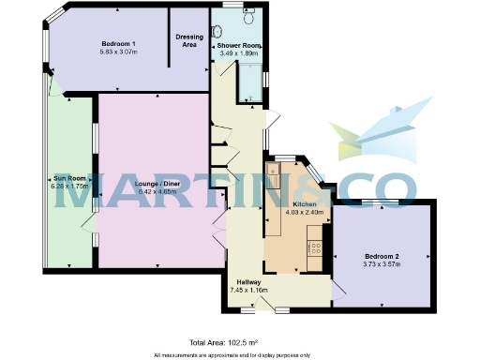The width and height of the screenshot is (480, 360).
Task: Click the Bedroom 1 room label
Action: pyautogui.click(x=119, y=44)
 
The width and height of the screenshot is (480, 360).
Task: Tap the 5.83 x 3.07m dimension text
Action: pyautogui.click(x=119, y=52)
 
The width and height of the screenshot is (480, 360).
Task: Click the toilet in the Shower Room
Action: pyautogui.click(x=248, y=16)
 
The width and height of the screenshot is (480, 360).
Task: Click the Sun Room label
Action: pyautogui.click(x=69, y=177)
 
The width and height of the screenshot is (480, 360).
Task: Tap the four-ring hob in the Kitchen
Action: pyautogui.click(x=315, y=249)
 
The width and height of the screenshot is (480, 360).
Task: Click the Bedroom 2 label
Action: pyautogui.click(x=382, y=256)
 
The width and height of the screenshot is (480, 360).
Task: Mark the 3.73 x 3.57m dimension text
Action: pyautogui.click(x=382, y=264)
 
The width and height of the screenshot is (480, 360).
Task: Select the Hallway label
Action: pyautogui.click(x=248, y=282)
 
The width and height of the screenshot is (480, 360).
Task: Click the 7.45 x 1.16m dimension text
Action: pyautogui.click(x=248, y=291)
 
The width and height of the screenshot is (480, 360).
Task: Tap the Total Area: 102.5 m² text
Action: pyautogui.click(x=224, y=342)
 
